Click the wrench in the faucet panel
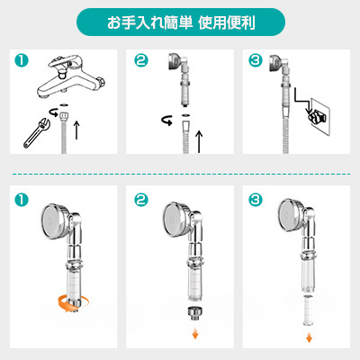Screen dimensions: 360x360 tap(36, 133)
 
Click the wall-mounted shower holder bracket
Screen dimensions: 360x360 tap(318, 116)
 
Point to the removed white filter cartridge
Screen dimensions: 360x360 tap(309, 310)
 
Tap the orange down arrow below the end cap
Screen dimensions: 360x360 tap(195, 334)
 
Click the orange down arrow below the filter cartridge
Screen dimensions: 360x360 tap(309, 337)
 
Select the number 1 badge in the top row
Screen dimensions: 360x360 tap(22, 60)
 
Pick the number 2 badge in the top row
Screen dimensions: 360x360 tap(141, 60)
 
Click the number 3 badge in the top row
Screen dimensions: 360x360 tap(256, 60)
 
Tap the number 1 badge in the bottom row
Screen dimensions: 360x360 tap(22, 200)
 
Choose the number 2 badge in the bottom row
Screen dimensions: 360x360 tap(141, 200)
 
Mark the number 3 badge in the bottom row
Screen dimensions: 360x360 tap(256, 200)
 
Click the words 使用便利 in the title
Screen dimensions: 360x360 tap(227, 22)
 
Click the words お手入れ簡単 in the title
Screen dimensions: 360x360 tap(149, 22)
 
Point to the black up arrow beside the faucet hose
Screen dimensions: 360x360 tap(76, 130)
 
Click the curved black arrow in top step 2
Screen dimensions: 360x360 tap(167, 121)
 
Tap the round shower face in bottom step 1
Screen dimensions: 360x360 tap(52, 221)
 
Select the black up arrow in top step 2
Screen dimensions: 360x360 tap(199, 141)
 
